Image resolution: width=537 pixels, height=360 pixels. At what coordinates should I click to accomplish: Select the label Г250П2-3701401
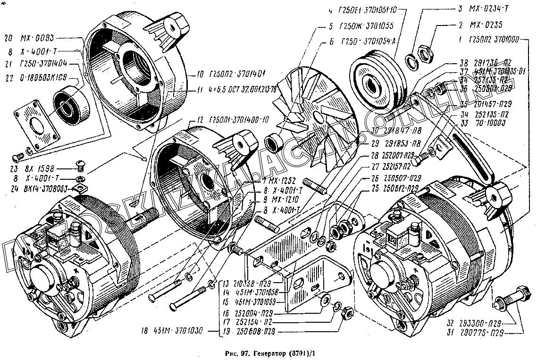[x=227, y=74]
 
